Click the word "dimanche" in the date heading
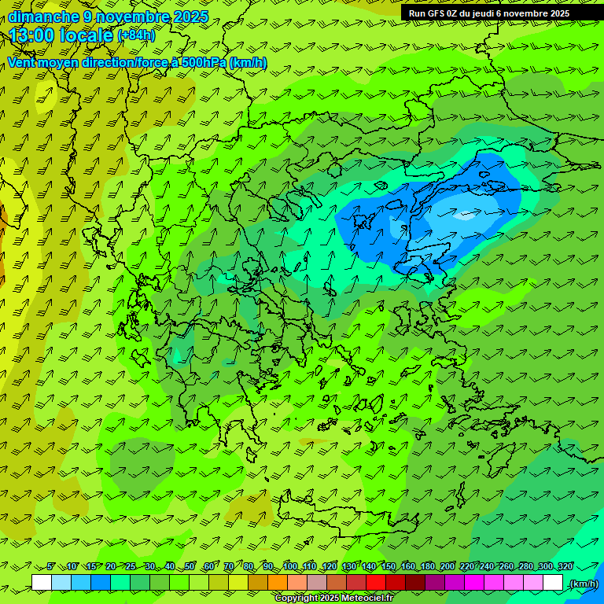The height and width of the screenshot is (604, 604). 43,17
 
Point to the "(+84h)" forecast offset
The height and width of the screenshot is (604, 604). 136,35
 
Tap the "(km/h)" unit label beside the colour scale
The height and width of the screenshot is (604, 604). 584,584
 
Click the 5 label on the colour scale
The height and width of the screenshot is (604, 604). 51,566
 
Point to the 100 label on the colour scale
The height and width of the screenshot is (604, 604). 290,566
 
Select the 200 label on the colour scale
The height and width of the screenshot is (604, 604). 447,566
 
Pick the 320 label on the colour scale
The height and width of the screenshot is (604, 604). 565,566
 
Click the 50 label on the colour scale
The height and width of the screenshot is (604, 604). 189,566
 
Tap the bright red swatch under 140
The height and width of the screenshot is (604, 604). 376,583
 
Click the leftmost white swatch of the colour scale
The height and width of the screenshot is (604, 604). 42,583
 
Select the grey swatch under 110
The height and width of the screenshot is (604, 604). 317,583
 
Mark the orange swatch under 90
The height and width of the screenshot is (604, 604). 278,583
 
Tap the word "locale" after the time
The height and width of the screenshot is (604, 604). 86,35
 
